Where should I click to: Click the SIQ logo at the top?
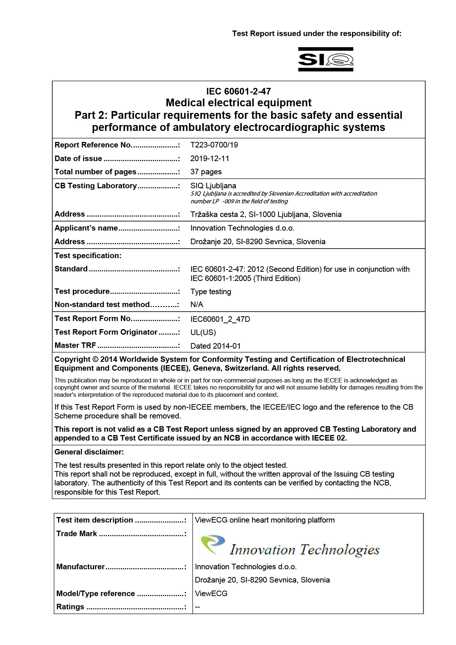[326, 59]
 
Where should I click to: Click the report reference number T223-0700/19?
[214, 145]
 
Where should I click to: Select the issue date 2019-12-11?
[209, 158]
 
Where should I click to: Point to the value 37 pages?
[206, 172]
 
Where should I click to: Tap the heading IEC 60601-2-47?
[238, 91]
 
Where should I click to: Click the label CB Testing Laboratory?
[96, 186]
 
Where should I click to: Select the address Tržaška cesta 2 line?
[266, 214]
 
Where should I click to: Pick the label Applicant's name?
[86, 228]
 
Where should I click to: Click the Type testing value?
[211, 292]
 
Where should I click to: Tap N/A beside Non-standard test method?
[197, 304]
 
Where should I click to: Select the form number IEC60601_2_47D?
[220, 319]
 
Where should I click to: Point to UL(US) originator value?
[203, 332]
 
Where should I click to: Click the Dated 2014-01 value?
[215, 346]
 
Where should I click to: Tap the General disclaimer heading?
[89, 452]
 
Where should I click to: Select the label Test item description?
[94, 520]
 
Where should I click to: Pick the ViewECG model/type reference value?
[211, 594]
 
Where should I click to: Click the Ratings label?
[70, 607]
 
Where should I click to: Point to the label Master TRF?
[75, 345]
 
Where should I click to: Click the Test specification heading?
[88, 255]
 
